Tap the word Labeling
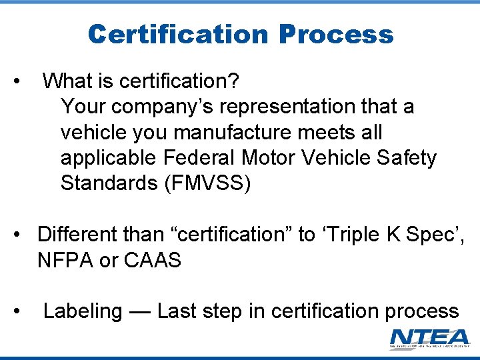(83, 311)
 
